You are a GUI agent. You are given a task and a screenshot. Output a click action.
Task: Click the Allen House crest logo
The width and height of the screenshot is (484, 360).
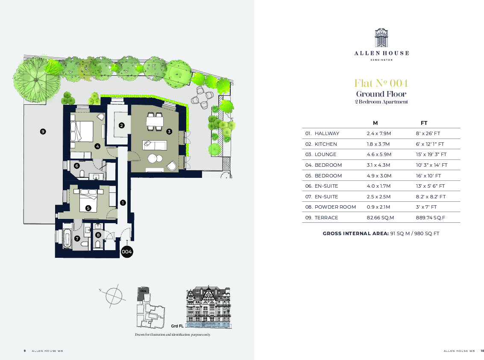click(381, 38)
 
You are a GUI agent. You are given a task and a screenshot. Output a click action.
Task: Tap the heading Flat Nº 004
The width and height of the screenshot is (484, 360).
click(381, 83)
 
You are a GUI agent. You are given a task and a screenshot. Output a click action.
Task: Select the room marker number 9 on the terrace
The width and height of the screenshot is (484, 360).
click(43, 132)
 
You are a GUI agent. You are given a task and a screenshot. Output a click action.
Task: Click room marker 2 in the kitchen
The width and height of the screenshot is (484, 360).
click(122, 125)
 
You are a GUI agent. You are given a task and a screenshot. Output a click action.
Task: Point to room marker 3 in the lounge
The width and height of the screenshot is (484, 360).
click(169, 132)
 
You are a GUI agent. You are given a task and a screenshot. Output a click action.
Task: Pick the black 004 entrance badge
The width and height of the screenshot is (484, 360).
click(127, 252)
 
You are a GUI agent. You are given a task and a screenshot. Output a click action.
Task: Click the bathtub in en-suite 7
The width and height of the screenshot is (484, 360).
click(67, 239)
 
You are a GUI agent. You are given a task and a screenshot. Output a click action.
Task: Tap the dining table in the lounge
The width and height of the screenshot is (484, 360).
click(155, 122)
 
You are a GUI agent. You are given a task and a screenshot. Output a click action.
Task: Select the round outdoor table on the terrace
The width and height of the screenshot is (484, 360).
click(203, 97)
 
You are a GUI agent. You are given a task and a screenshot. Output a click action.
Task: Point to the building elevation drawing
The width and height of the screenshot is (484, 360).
click(208, 307)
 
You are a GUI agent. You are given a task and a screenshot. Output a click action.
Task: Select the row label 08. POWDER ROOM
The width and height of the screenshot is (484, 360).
click(330, 207)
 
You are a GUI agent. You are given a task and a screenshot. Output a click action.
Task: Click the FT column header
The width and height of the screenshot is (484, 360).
click(424, 123)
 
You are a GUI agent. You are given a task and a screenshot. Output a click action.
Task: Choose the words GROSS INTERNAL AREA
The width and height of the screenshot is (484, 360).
click(355, 233)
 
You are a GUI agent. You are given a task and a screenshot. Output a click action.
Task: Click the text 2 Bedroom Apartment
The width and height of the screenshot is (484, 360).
click(381, 102)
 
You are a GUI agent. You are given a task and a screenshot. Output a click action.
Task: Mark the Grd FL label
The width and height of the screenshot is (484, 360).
click(177, 326)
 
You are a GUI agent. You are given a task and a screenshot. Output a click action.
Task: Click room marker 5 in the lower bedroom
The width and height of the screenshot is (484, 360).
click(88, 208)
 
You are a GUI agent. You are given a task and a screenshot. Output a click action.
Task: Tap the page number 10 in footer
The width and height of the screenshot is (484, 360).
click(482, 351)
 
